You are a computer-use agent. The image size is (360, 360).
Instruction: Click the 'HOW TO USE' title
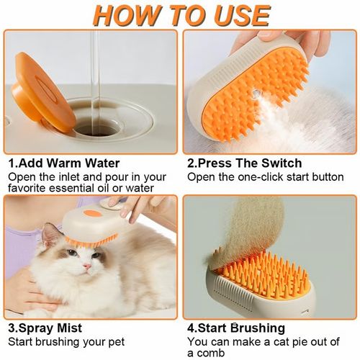click(180, 14)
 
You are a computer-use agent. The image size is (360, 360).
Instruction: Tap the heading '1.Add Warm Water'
click(64, 163)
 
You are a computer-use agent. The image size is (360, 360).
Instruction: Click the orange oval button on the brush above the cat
click(91, 213)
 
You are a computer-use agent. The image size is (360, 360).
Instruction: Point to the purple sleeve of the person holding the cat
click(18, 238)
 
